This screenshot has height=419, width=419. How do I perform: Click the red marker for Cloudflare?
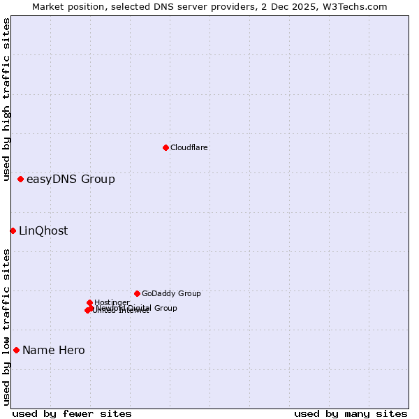point(166,147)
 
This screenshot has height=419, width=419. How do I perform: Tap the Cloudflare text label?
point(189,147)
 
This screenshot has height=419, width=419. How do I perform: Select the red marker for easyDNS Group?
point(21,179)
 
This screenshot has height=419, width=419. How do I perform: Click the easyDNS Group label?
point(71,179)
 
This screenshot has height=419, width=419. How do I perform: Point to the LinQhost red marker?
point(13,230)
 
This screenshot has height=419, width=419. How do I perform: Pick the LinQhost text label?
point(43,231)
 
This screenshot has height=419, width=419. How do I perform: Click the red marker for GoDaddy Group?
point(137,293)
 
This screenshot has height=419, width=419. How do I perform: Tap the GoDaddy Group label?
point(171,294)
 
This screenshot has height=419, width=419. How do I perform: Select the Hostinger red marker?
point(90,302)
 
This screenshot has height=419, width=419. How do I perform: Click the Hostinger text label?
point(112,302)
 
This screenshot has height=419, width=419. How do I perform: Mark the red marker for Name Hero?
point(16,350)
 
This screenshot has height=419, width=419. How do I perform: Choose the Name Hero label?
point(54,351)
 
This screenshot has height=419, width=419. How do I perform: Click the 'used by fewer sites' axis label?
point(72,413)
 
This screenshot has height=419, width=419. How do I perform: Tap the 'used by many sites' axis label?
point(351,413)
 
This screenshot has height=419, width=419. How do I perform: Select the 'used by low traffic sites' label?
point(7,327)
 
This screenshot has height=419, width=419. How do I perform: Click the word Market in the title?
point(48,6)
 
